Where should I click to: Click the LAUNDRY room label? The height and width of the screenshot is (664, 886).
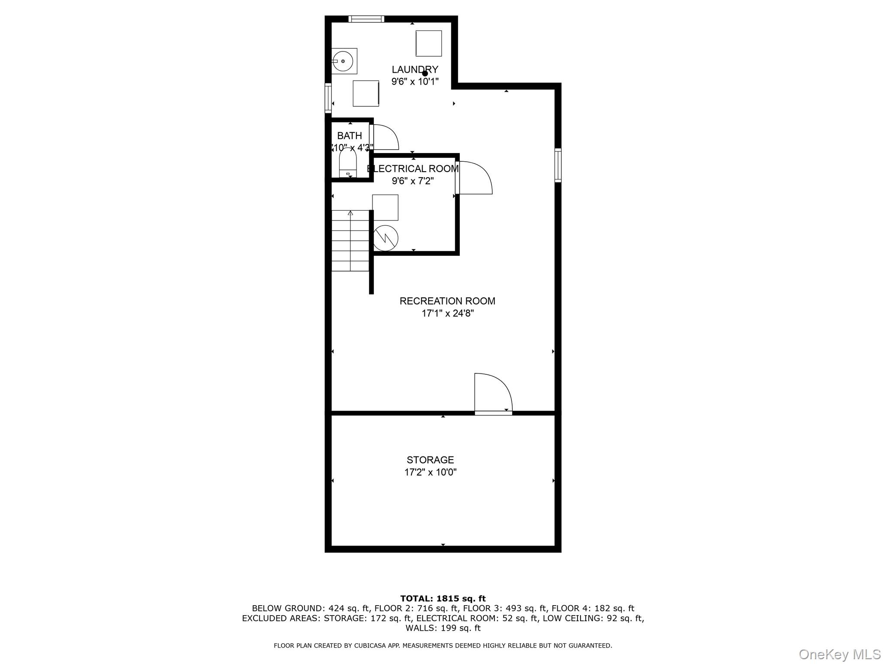414,70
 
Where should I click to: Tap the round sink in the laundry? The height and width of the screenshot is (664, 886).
343,61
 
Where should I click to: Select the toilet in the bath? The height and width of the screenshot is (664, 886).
347,163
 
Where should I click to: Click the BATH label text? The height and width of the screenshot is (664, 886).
349,136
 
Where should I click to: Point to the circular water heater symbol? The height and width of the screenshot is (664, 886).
385,238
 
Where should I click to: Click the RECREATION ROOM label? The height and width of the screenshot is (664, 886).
447,301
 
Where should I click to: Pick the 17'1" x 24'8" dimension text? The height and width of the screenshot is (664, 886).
447,313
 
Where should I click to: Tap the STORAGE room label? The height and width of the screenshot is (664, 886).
430,460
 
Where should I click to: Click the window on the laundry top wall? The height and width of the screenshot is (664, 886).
366,19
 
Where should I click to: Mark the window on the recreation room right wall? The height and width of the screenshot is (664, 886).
558,165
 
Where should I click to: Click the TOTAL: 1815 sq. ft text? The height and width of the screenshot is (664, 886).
443,599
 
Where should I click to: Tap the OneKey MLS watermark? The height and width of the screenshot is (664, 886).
839,654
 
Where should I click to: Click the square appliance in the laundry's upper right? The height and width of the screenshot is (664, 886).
428,43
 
